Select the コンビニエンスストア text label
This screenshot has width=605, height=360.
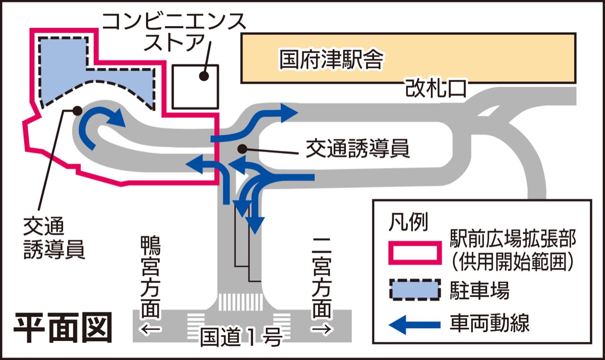174,31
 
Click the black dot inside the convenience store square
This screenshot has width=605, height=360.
204,76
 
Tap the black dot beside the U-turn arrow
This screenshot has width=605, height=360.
77,110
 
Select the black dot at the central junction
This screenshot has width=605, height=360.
243,149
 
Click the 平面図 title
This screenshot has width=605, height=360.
62,328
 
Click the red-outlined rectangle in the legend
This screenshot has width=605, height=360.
413,250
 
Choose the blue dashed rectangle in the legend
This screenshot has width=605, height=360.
413,291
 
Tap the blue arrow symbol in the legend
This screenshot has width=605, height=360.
413,323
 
